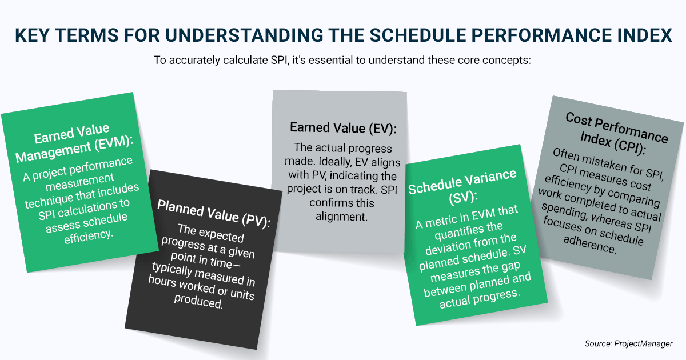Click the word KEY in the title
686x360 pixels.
[32, 35]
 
